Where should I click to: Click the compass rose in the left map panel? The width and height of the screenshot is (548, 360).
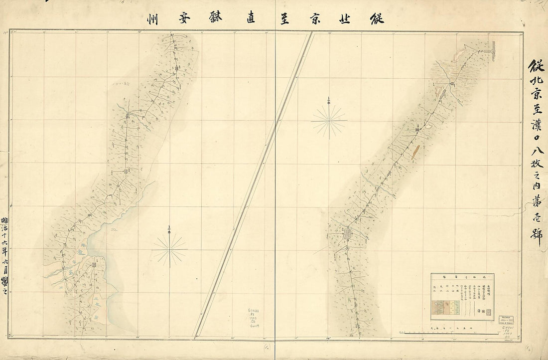click(169, 248)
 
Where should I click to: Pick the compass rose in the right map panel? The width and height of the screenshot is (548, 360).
click(329, 120)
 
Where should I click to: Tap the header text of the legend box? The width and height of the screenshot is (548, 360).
click(463, 276)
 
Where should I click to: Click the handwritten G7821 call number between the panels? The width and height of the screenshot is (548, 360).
click(254, 310)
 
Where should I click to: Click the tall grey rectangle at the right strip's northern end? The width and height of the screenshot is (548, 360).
click(494, 50)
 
